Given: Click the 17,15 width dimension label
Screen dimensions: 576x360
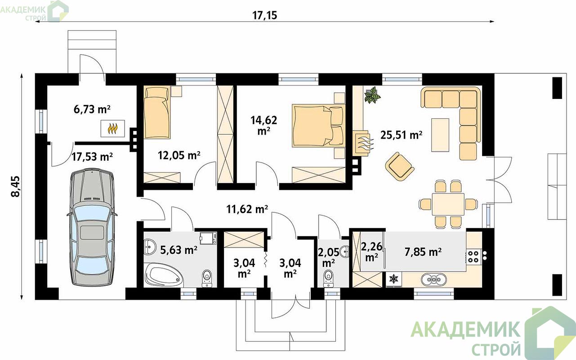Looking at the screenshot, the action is pos(264,15).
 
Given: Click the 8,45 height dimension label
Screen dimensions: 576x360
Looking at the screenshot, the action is pos(15,187).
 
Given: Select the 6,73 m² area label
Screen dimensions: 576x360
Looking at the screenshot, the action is pos(92,109).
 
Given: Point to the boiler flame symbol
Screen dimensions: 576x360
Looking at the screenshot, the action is pos(112,128).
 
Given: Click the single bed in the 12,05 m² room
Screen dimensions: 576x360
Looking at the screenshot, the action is pos(157,112).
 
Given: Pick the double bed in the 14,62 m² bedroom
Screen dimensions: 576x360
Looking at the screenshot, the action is pos(318,126).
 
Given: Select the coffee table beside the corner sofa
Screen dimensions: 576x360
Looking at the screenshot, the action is pos(440,135).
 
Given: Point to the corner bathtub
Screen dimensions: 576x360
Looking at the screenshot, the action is pos(164,276).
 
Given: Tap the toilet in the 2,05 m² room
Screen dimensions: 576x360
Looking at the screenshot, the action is pos(328,279).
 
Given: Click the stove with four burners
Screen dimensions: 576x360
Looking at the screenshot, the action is pos(473,257).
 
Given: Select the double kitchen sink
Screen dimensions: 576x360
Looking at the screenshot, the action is pos(434,279).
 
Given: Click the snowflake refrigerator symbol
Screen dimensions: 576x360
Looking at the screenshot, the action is pos(394,279).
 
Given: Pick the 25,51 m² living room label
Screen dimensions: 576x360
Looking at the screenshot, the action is pos(401,135).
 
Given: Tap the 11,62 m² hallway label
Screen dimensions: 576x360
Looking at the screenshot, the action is pos(247,209).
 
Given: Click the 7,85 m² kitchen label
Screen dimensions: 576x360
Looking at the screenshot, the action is pos(423,252).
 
